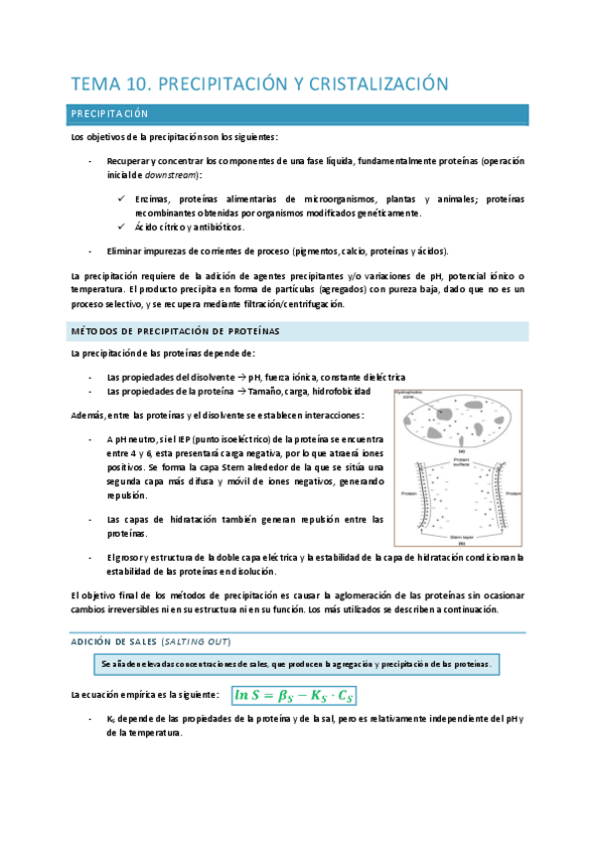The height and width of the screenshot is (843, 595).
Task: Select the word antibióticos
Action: click(x=215, y=227)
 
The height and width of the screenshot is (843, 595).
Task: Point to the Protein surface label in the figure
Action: click(x=459, y=462)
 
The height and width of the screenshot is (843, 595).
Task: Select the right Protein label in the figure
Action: click(x=513, y=492)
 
